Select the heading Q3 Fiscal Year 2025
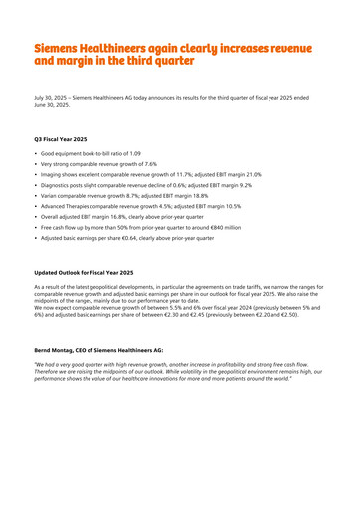pos(60,139)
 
